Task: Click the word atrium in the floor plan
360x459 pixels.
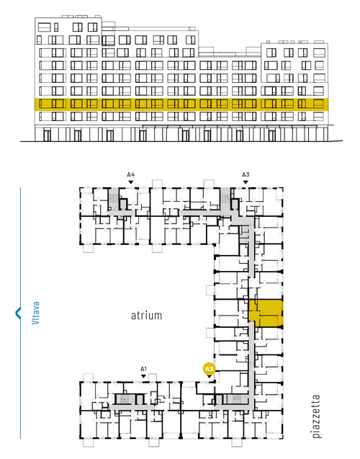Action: [x=146, y=316]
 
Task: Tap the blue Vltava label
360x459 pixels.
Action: [x=35, y=313]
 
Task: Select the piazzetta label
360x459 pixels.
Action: [x=316, y=416]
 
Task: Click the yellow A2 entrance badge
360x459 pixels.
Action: [x=209, y=369]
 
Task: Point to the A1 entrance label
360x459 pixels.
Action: [x=143, y=369]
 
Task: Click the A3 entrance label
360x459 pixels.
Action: [x=246, y=174]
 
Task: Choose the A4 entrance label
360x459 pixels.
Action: [x=131, y=174]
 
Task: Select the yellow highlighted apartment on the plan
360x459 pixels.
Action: [x=266, y=313]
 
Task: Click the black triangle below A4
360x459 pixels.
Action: [x=131, y=182]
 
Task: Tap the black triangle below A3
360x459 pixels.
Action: [x=246, y=182]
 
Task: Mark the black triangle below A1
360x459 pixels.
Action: [x=143, y=376]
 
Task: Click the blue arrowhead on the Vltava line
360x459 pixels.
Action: [x=17, y=313]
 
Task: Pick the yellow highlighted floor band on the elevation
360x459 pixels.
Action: [x=181, y=104]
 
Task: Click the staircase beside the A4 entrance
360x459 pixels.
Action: [x=113, y=199]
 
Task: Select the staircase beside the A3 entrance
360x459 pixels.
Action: [x=225, y=199]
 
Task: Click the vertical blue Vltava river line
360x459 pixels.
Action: [x=20, y=313]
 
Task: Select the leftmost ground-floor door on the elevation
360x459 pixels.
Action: [x=47, y=135]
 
